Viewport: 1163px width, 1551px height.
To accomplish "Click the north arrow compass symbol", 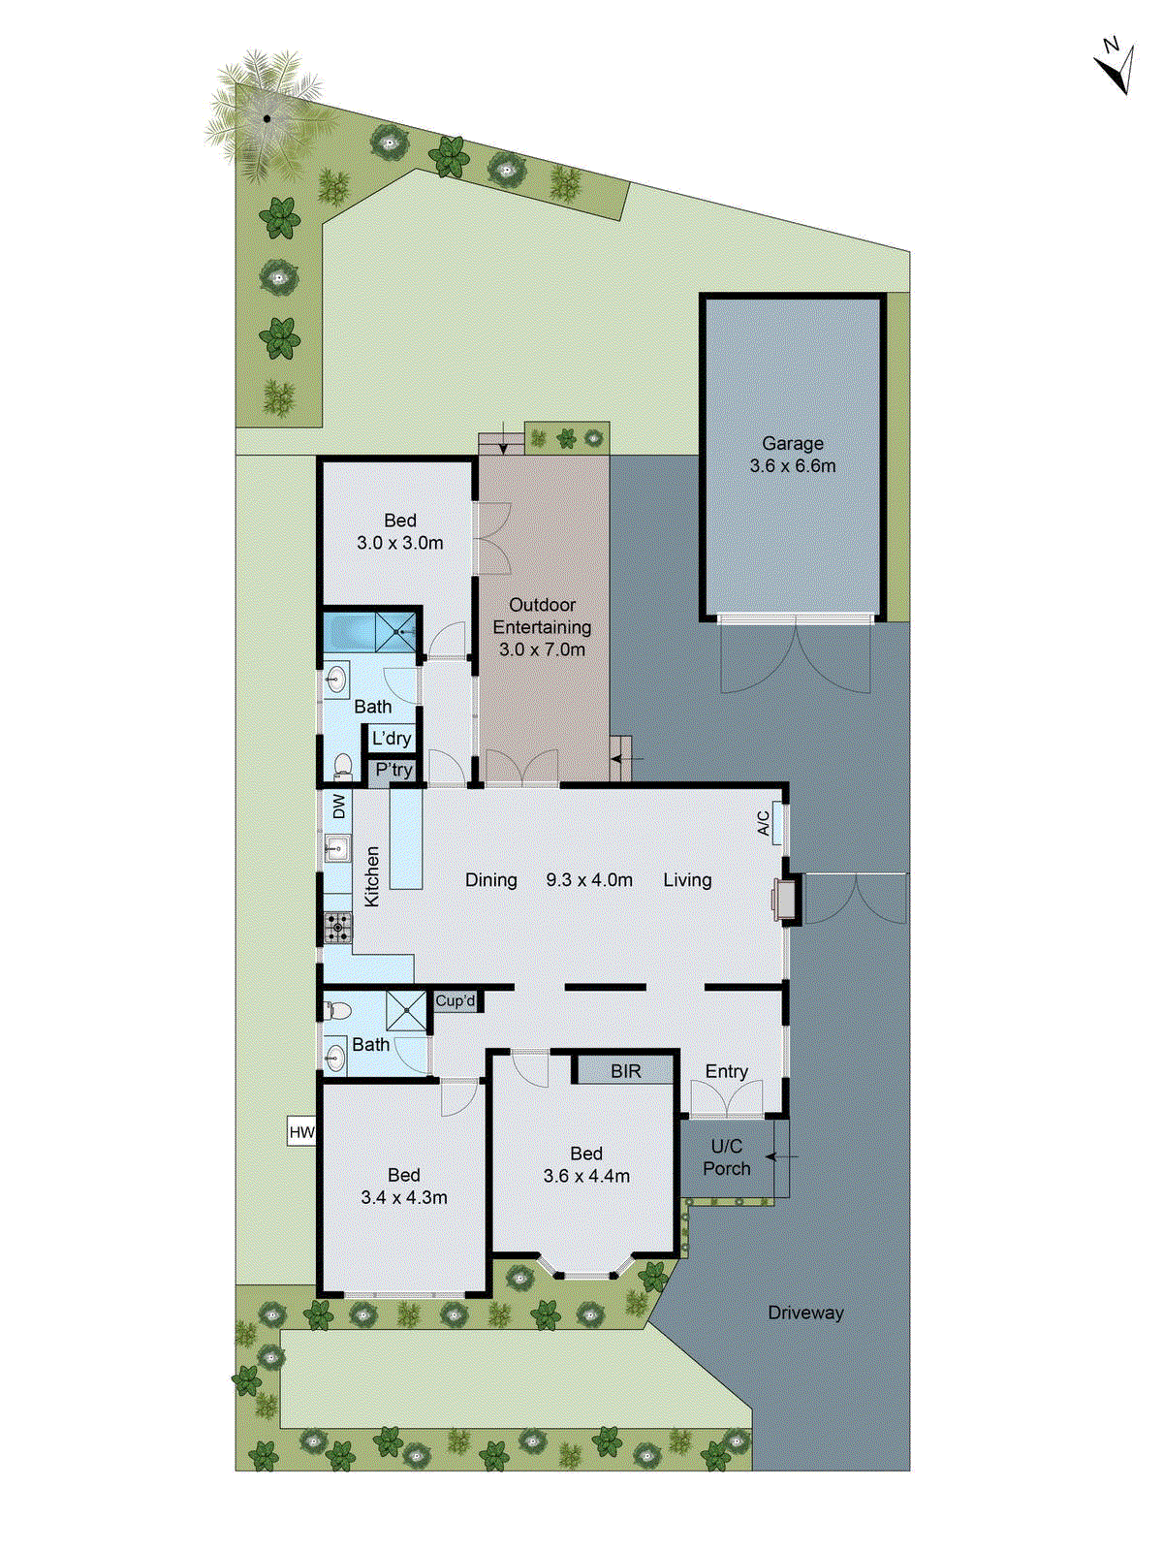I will [1116, 66].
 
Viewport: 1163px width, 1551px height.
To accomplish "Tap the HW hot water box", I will [301, 1132].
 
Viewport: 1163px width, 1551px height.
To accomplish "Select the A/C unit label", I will [765, 823].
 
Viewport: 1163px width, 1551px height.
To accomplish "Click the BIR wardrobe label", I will [625, 1071].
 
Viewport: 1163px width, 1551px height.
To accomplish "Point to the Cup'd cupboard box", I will [456, 1001].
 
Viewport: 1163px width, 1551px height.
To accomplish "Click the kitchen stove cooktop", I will [337, 928].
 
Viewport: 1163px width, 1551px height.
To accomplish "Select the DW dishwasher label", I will [338, 807].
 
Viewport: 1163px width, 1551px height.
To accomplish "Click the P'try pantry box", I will [393, 771].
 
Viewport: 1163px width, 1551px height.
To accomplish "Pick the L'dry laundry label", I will [392, 739].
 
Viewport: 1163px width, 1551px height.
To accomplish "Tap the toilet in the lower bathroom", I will [337, 1011].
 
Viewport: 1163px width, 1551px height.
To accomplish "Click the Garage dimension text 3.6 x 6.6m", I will [792, 466].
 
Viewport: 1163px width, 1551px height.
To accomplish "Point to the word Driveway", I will [805, 1313].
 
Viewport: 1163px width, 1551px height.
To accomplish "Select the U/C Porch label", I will [727, 1157].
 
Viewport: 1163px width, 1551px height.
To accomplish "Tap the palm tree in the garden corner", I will [267, 118].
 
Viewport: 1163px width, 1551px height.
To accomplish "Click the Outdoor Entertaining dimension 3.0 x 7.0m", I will [542, 649].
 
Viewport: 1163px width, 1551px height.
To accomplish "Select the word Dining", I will [490, 880].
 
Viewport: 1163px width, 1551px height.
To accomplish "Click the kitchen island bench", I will [406, 839].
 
